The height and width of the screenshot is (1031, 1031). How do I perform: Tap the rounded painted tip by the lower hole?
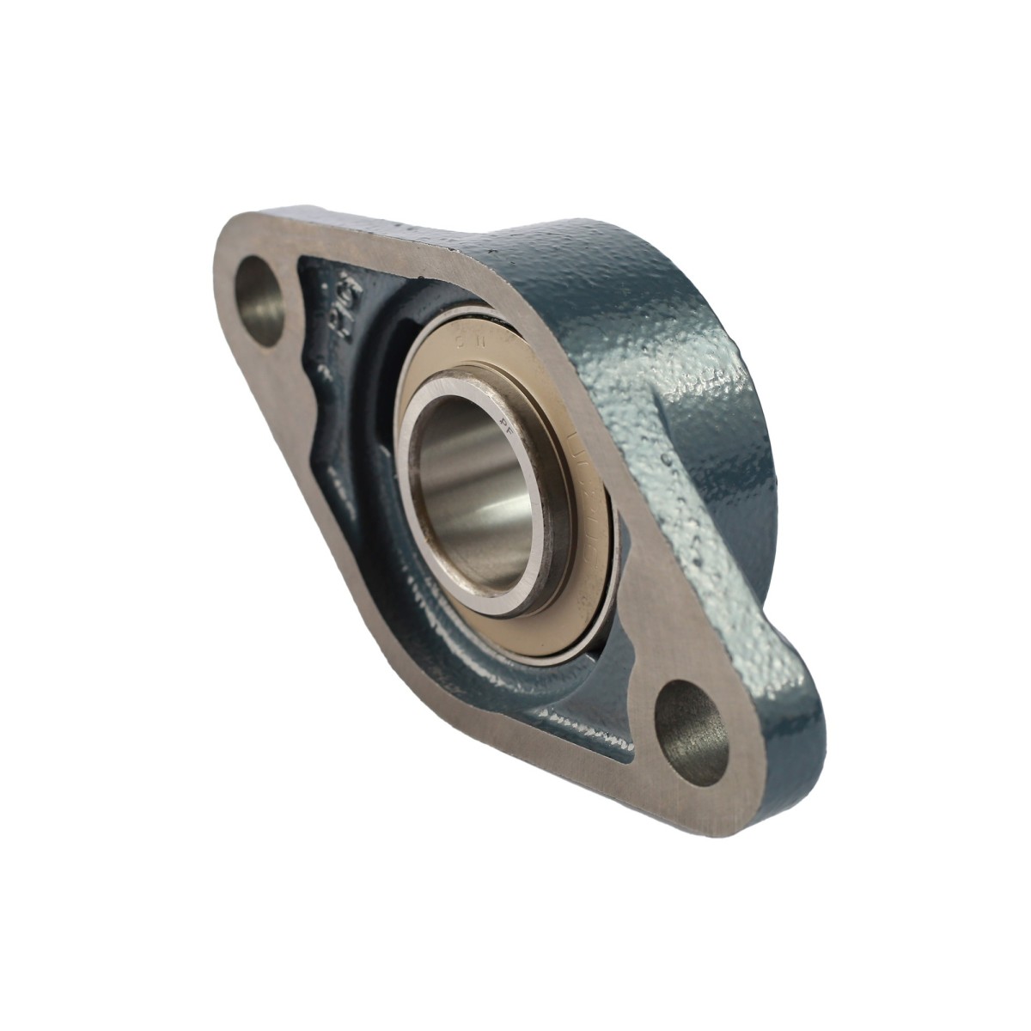[x=786, y=739]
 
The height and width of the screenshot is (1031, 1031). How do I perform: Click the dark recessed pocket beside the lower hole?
[x=601, y=730]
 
